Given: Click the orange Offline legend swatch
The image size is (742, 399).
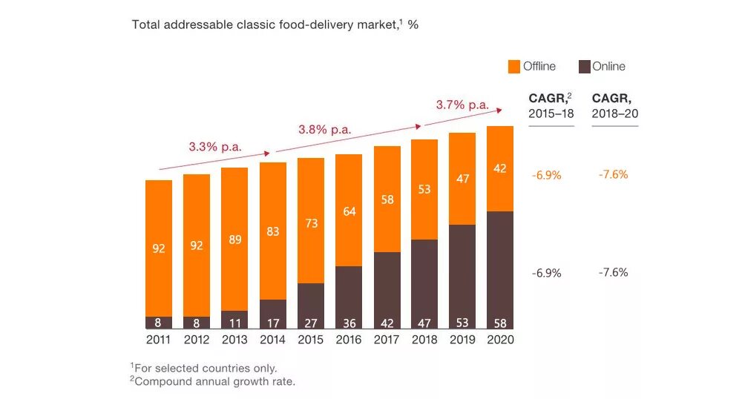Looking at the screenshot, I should [514, 67].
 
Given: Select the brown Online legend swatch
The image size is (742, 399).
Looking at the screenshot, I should [583, 67].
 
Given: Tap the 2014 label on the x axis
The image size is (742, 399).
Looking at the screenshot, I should [272, 340].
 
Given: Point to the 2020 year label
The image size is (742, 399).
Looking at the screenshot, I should [500, 340].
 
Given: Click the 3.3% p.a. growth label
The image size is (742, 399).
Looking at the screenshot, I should [215, 147].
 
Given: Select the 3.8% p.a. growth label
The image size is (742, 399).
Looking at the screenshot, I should [324, 129].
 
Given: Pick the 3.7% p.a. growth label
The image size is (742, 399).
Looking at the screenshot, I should [462, 105].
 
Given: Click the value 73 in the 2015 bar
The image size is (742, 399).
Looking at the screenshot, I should [311, 223].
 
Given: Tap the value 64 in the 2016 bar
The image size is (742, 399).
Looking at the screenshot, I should [349, 211].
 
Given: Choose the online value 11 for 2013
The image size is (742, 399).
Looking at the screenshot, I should [234, 323].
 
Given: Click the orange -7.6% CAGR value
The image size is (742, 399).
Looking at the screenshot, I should [613, 175].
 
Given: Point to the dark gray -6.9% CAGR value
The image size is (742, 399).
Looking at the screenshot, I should [546, 273].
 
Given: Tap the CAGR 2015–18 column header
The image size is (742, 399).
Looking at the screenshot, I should [551, 106].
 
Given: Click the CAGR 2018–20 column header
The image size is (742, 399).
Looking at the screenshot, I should [614, 106].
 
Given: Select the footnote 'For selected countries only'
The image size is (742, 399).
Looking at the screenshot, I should [204, 368].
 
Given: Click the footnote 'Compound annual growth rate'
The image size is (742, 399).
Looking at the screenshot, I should [214, 382].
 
